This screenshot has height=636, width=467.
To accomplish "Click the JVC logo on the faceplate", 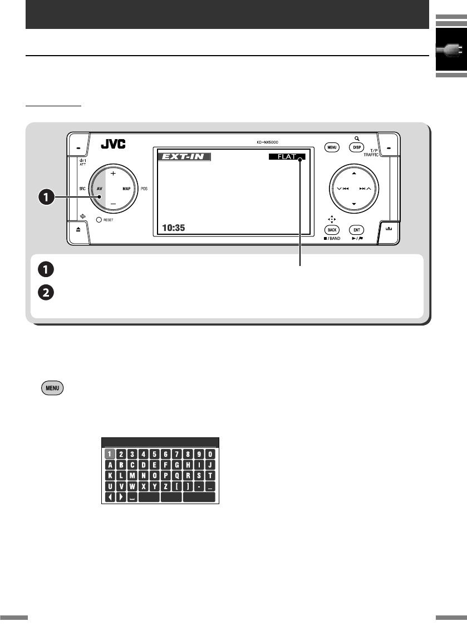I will (113, 145).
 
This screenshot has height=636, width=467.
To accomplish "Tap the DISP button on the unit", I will (356, 147).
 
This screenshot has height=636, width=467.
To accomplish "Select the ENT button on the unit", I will (356, 230).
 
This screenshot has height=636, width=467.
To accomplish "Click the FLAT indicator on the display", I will (287, 157).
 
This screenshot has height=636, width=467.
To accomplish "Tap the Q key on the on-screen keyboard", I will (176, 476).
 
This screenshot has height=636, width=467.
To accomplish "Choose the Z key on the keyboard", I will (165, 486).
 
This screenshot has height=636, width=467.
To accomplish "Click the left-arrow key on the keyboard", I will (110, 497).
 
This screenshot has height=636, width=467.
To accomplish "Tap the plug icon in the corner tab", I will (450, 51).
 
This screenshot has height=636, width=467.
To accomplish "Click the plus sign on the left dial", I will (114, 173).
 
